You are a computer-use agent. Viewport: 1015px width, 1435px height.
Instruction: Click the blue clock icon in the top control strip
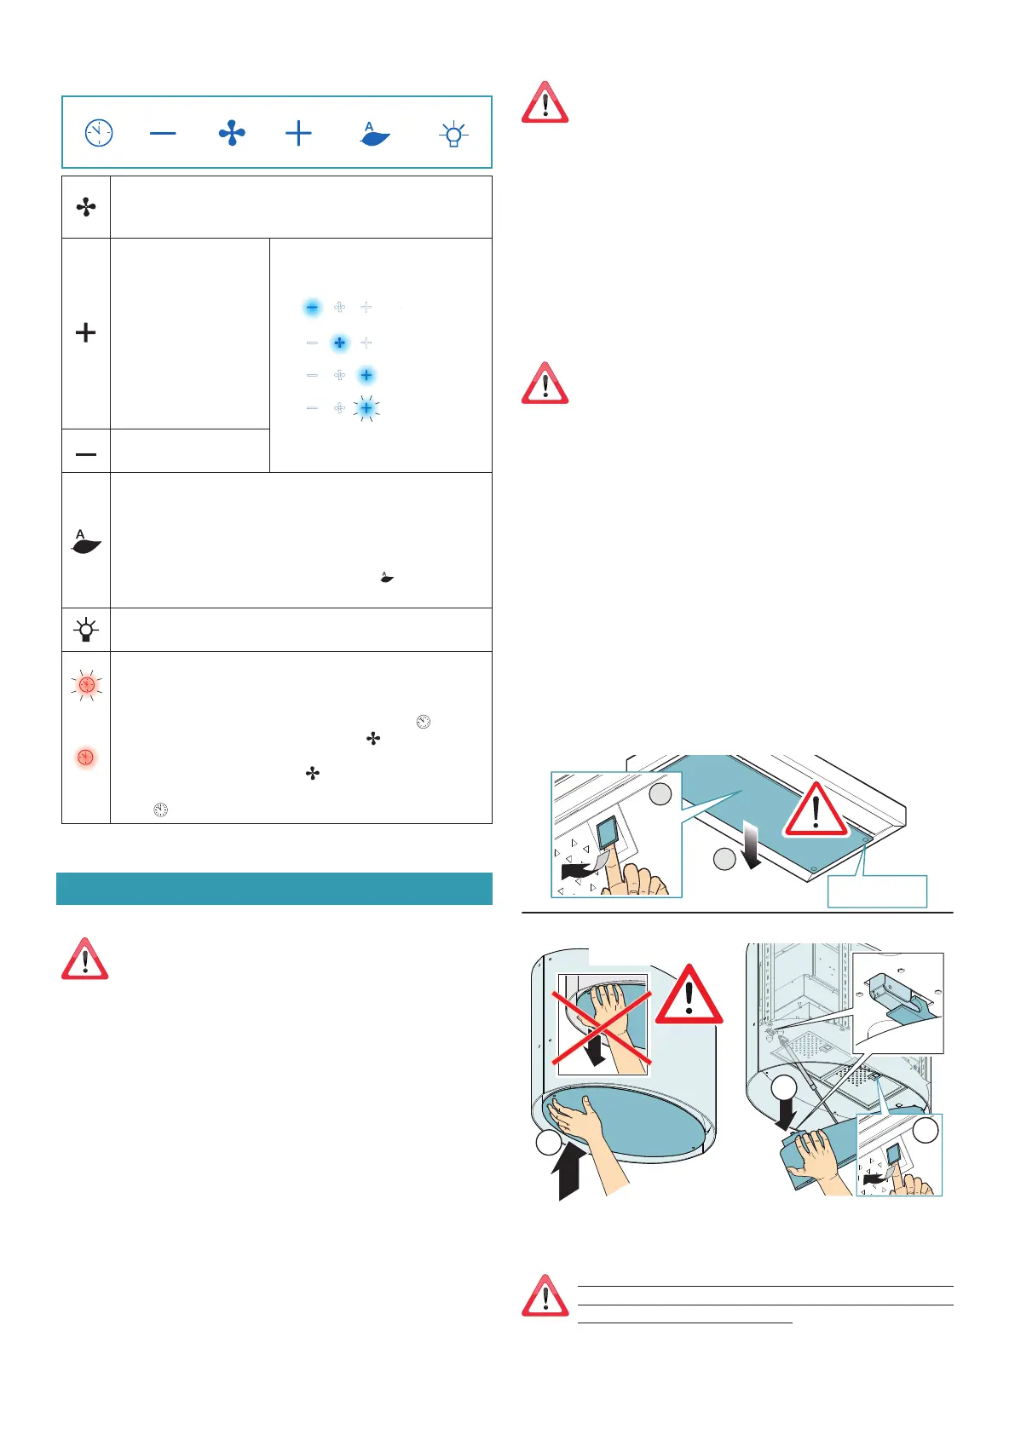pyautogui.click(x=99, y=133)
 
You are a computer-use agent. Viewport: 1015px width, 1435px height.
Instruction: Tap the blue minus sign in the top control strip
pyautogui.click(x=163, y=133)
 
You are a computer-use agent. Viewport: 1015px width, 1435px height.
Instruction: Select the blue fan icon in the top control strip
pyautogui.click(x=232, y=133)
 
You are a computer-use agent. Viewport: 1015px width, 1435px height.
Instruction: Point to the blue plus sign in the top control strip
pyautogui.click(x=298, y=133)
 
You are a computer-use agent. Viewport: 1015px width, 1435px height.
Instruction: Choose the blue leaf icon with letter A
pyautogui.click(x=374, y=134)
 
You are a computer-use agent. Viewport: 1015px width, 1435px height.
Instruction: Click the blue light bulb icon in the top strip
pyautogui.click(x=453, y=134)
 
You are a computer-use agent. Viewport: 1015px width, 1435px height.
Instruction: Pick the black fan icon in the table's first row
pyautogui.click(x=86, y=207)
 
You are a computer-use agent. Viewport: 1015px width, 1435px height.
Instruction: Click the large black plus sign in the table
pyautogui.click(x=86, y=332)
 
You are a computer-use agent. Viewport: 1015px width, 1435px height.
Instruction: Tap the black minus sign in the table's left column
pyautogui.click(x=86, y=454)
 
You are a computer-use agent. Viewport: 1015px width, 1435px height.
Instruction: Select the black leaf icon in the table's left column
pyautogui.click(x=86, y=542)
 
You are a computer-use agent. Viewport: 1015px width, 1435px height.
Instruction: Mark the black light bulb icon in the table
pyautogui.click(x=86, y=631)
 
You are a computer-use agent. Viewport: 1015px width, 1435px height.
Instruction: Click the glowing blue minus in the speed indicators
pyautogui.click(x=313, y=307)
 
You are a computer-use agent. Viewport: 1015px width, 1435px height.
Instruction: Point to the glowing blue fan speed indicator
pyautogui.click(x=339, y=343)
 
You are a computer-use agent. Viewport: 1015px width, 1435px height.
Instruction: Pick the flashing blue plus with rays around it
pyautogui.click(x=366, y=408)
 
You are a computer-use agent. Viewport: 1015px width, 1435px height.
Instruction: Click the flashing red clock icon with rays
pyautogui.click(x=86, y=685)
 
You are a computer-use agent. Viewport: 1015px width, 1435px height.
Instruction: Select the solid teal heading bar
pyautogui.click(x=274, y=888)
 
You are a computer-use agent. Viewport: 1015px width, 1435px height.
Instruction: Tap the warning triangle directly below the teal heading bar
pyautogui.click(x=84, y=960)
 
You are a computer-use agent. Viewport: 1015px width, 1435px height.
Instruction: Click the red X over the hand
pyautogui.click(x=602, y=1026)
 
